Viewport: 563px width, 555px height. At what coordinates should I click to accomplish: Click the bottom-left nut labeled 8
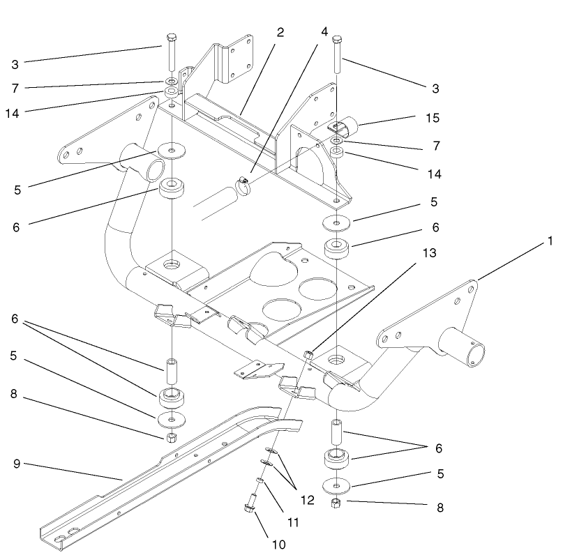(x=170, y=439)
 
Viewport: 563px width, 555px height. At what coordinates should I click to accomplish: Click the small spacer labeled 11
(x=259, y=482)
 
